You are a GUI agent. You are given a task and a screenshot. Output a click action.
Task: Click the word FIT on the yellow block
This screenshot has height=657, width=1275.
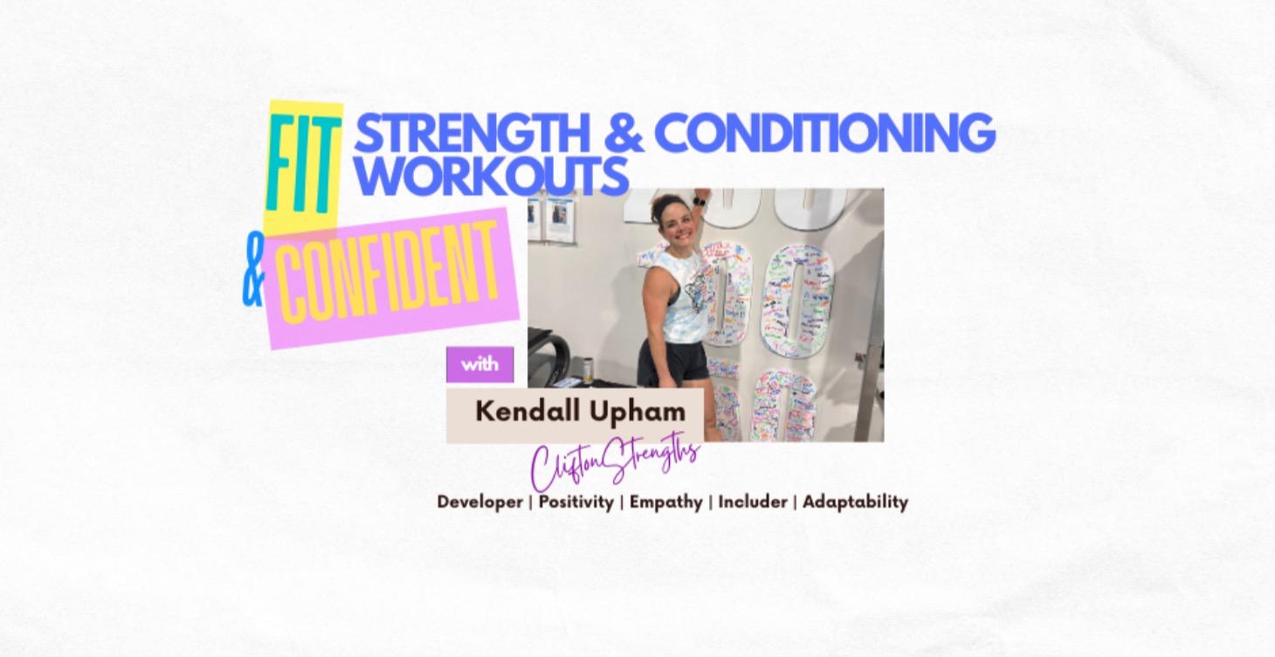[300, 165]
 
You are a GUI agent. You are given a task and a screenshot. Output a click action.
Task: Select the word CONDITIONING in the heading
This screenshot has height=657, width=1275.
[825, 134]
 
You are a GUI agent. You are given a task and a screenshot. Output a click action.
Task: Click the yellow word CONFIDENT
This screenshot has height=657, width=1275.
[389, 273]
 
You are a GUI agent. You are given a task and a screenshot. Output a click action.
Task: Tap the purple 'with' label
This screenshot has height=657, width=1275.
[479, 364]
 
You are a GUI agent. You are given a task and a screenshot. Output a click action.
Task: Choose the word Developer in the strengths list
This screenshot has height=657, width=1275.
[479, 502]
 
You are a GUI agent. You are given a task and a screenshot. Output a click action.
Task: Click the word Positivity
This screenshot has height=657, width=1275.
[575, 502]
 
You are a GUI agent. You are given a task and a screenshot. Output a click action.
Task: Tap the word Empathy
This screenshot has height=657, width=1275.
[665, 502]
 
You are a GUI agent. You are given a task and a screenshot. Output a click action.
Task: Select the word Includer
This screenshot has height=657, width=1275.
[753, 502]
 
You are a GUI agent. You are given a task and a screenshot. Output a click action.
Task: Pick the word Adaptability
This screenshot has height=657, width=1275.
[855, 502]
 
